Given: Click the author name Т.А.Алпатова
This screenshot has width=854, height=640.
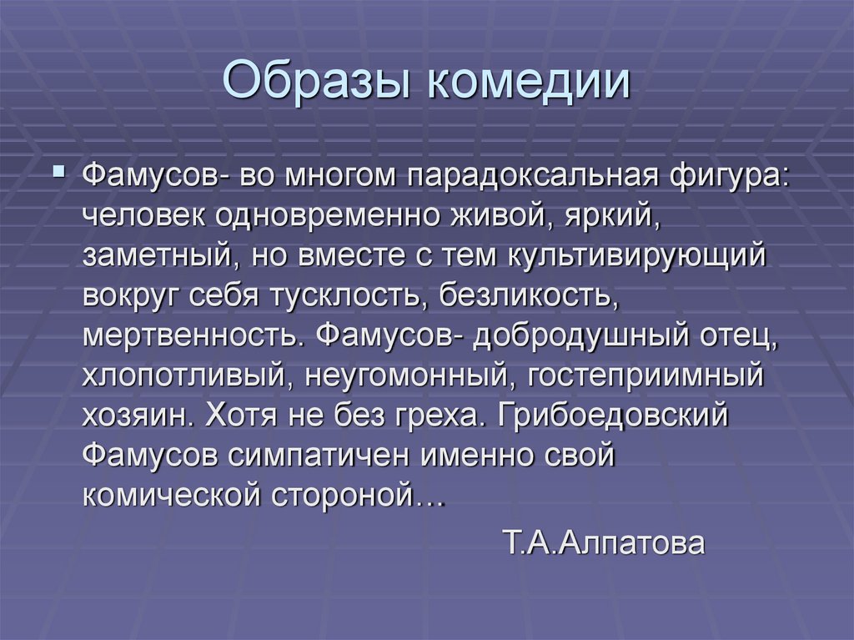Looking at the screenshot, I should (605, 545).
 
